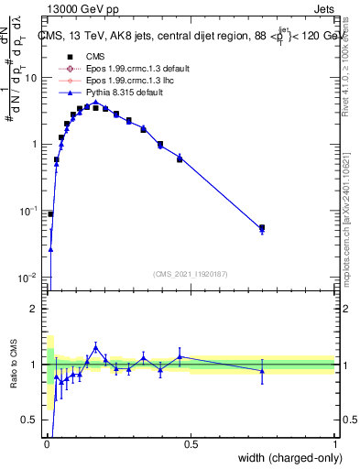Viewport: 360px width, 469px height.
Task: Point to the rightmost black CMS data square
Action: (x=262, y=227)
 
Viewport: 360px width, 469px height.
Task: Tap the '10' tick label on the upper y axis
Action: (x=31, y=78)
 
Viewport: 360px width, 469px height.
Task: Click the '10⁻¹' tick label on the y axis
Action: (x=29, y=211)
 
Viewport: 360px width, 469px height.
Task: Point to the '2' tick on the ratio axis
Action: (x=34, y=309)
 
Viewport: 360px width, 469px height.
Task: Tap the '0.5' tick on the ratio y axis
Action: (x=30, y=420)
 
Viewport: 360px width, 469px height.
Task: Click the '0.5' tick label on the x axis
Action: (x=191, y=444)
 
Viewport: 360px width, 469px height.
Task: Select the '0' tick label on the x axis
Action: (x=47, y=444)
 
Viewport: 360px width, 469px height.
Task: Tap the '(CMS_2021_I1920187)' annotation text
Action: (x=190, y=273)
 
